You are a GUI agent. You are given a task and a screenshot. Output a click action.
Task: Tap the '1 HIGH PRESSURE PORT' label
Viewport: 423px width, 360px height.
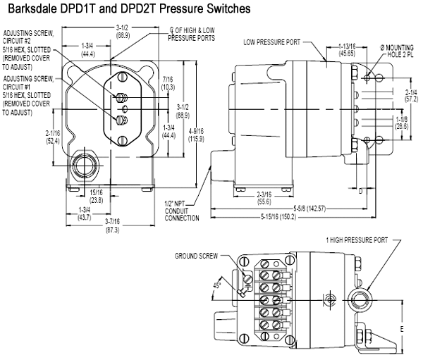pyautogui.click(x=356, y=240)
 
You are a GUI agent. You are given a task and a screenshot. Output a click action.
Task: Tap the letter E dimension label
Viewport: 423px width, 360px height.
pyautogui.click(x=403, y=328)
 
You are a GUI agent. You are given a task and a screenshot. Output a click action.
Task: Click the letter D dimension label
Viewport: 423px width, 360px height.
pyautogui.click(x=360, y=190)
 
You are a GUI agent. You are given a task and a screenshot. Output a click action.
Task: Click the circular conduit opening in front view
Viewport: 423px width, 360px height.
pyautogui.click(x=83, y=168)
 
